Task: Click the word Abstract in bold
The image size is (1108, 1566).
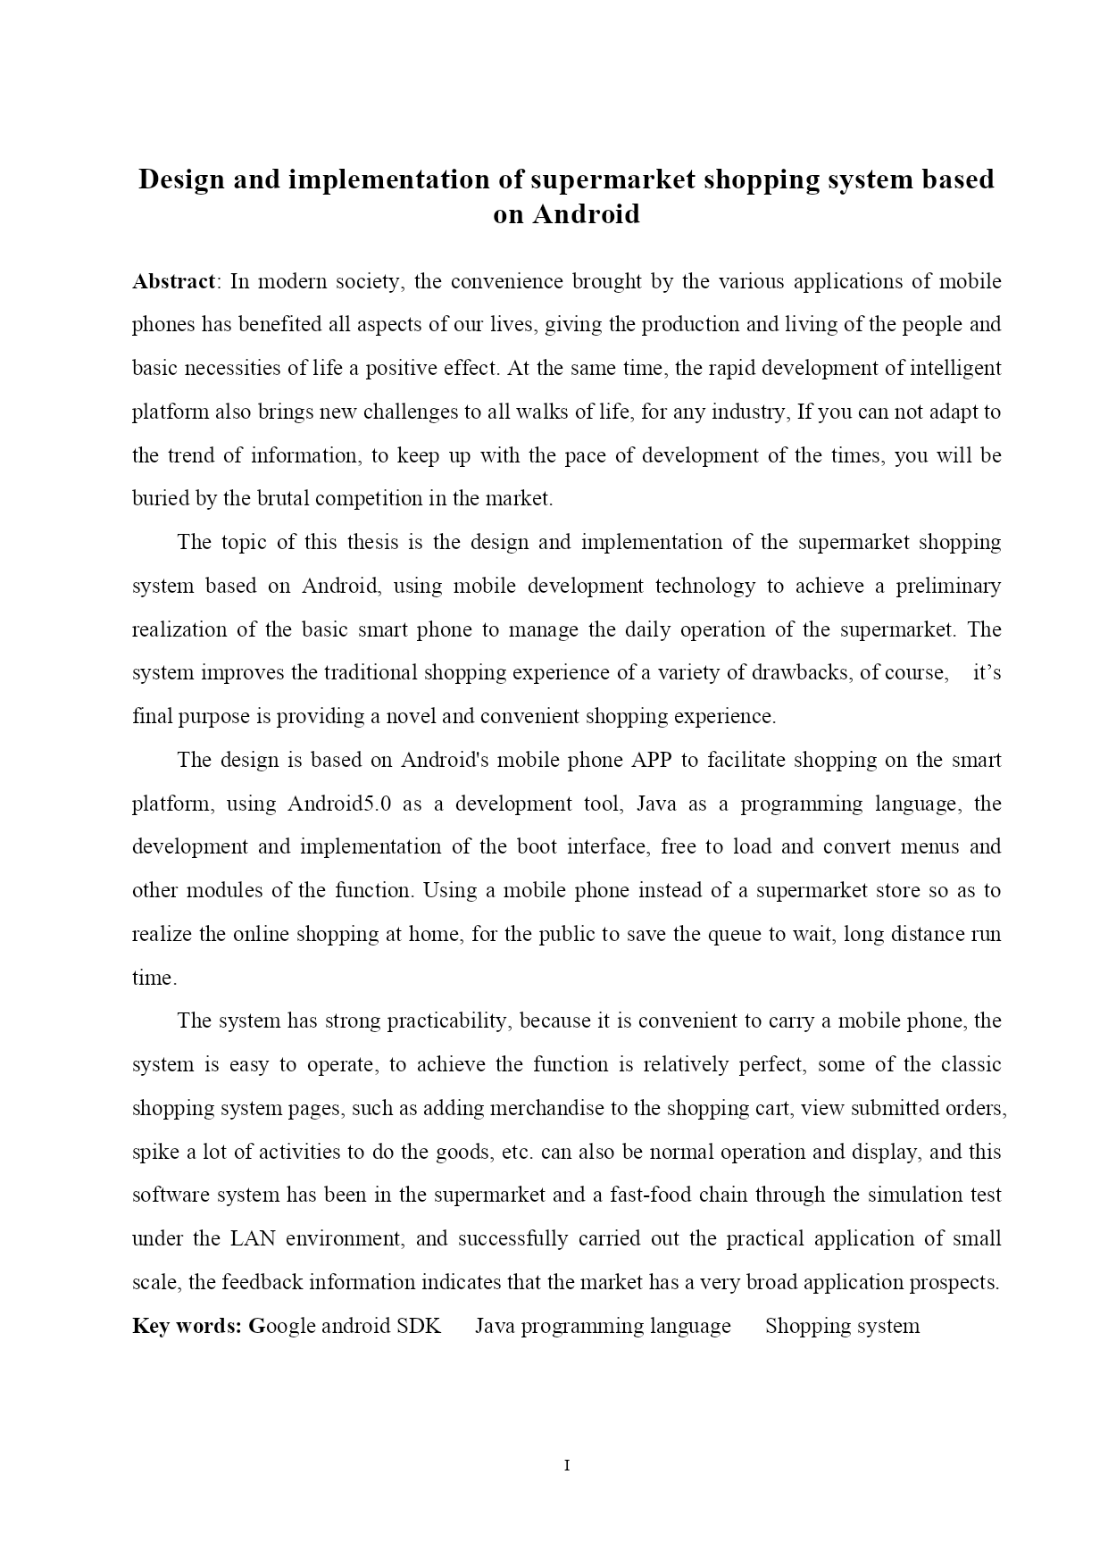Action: pyautogui.click(x=173, y=282)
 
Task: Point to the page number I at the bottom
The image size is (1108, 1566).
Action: pyautogui.click(x=567, y=1465)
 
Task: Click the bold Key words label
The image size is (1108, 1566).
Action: pyautogui.click(x=187, y=1326)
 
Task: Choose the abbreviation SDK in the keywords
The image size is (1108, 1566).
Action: pyautogui.click(x=419, y=1326)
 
